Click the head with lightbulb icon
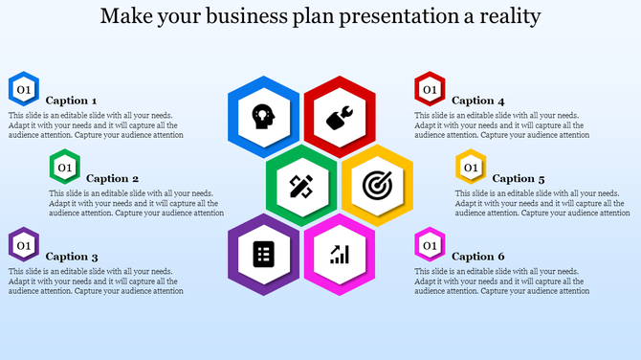coord(263,117)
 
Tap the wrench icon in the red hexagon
coord(340,117)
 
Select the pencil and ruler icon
coord(301,186)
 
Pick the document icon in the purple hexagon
coord(263,254)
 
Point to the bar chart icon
coord(340,254)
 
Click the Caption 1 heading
coord(72,101)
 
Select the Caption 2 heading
coord(113,178)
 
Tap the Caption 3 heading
coord(72,257)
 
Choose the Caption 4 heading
coord(477,101)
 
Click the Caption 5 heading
coord(519,178)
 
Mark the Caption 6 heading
coord(477,257)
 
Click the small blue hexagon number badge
coord(24,89)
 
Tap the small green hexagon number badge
coord(65,168)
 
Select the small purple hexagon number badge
coord(24,245)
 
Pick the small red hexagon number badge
coord(430,89)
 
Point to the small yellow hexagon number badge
coord(471,168)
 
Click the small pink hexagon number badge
coord(430,245)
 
